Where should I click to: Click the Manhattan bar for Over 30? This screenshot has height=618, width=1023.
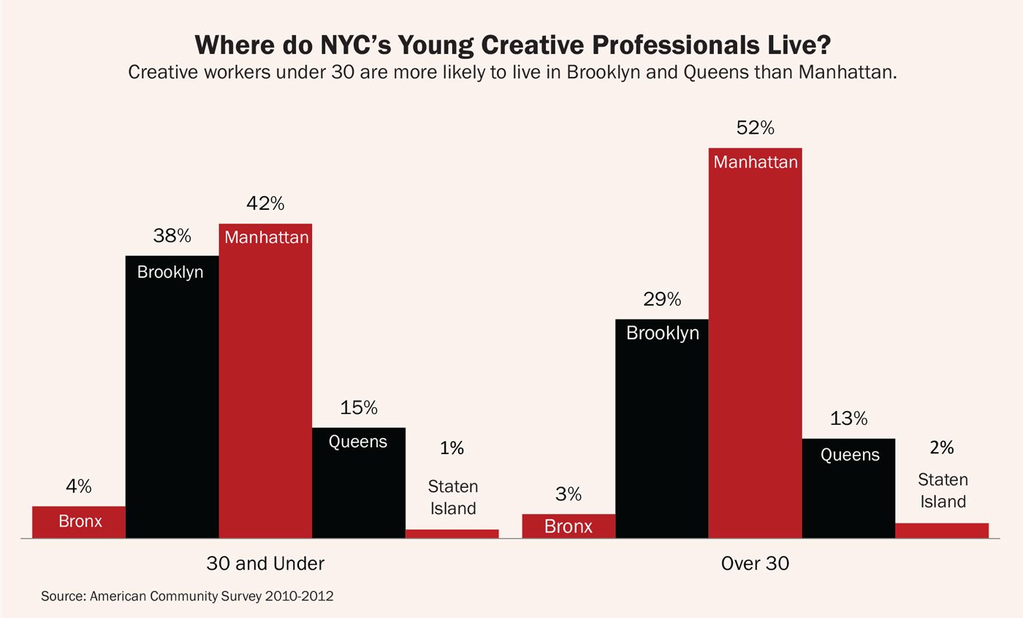click(x=755, y=344)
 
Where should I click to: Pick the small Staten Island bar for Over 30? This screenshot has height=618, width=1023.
click(x=941, y=530)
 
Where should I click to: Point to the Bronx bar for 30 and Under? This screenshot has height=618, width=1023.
click(x=79, y=522)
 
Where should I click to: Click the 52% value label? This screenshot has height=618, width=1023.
click(x=755, y=128)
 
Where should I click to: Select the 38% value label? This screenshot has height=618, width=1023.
click(x=172, y=235)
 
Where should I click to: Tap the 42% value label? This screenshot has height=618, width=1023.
click(x=265, y=203)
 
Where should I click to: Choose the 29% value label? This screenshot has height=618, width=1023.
click(x=662, y=299)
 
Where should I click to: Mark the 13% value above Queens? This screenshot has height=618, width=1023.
click(x=848, y=418)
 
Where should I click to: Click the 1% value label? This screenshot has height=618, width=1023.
click(x=452, y=448)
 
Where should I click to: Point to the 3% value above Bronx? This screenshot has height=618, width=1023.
click(x=568, y=494)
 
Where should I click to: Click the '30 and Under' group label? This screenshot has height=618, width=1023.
click(x=265, y=564)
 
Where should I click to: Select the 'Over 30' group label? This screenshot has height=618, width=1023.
click(x=755, y=564)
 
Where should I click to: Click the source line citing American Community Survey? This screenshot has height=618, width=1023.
click(x=187, y=596)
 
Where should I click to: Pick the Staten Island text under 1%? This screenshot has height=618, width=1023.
click(x=452, y=497)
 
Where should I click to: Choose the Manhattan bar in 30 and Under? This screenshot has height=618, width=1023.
click(x=265, y=380)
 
